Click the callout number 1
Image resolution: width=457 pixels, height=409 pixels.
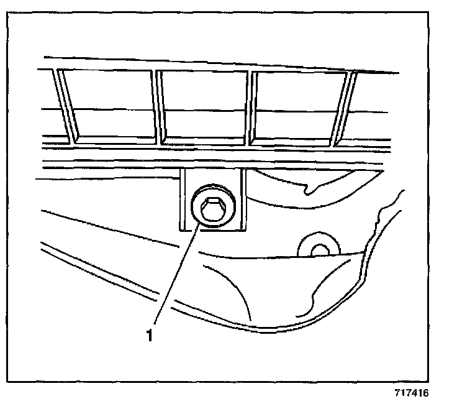(149, 336)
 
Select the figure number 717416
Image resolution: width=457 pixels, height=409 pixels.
(411, 393)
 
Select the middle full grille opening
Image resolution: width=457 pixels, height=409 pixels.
(204, 104)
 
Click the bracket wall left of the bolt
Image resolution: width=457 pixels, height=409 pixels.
(183, 202)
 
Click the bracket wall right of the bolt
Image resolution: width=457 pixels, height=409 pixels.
(242, 202)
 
